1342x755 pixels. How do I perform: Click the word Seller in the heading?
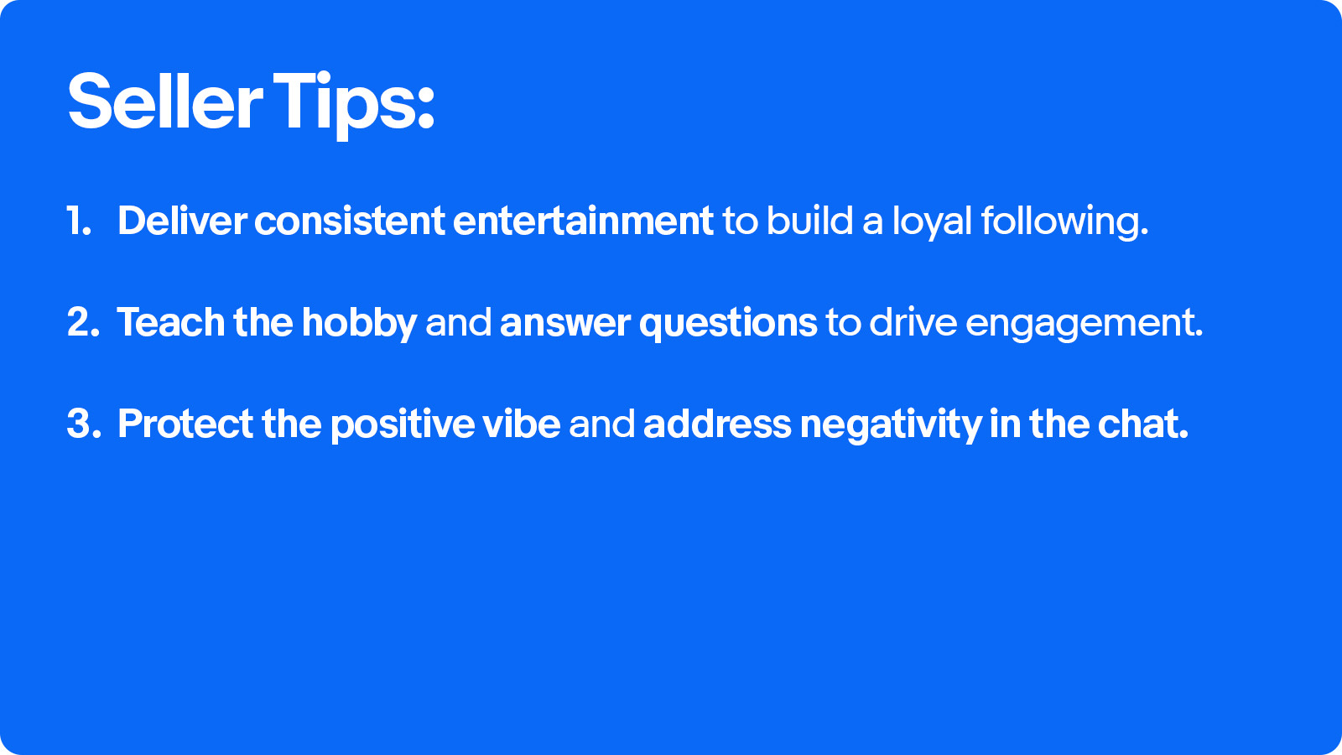coord(164,101)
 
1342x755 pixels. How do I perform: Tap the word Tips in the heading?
coord(353,106)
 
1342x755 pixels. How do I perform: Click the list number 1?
coord(79,221)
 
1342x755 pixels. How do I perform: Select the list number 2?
coord(83,322)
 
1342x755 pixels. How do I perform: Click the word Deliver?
coord(181,221)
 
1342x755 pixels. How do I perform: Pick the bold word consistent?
coord(349,221)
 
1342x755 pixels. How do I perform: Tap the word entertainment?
coord(583,221)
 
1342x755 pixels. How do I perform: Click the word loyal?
coord(932,221)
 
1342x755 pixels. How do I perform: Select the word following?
coord(1064,221)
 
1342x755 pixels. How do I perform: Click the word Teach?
coord(171,322)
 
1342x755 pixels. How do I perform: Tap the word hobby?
coord(359,324)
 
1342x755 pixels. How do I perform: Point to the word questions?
coord(728,324)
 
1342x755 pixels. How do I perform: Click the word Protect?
coord(185,424)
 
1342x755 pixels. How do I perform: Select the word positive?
coord(402,425)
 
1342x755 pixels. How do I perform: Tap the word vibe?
coord(521,424)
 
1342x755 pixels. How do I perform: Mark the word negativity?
coord(891,425)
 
